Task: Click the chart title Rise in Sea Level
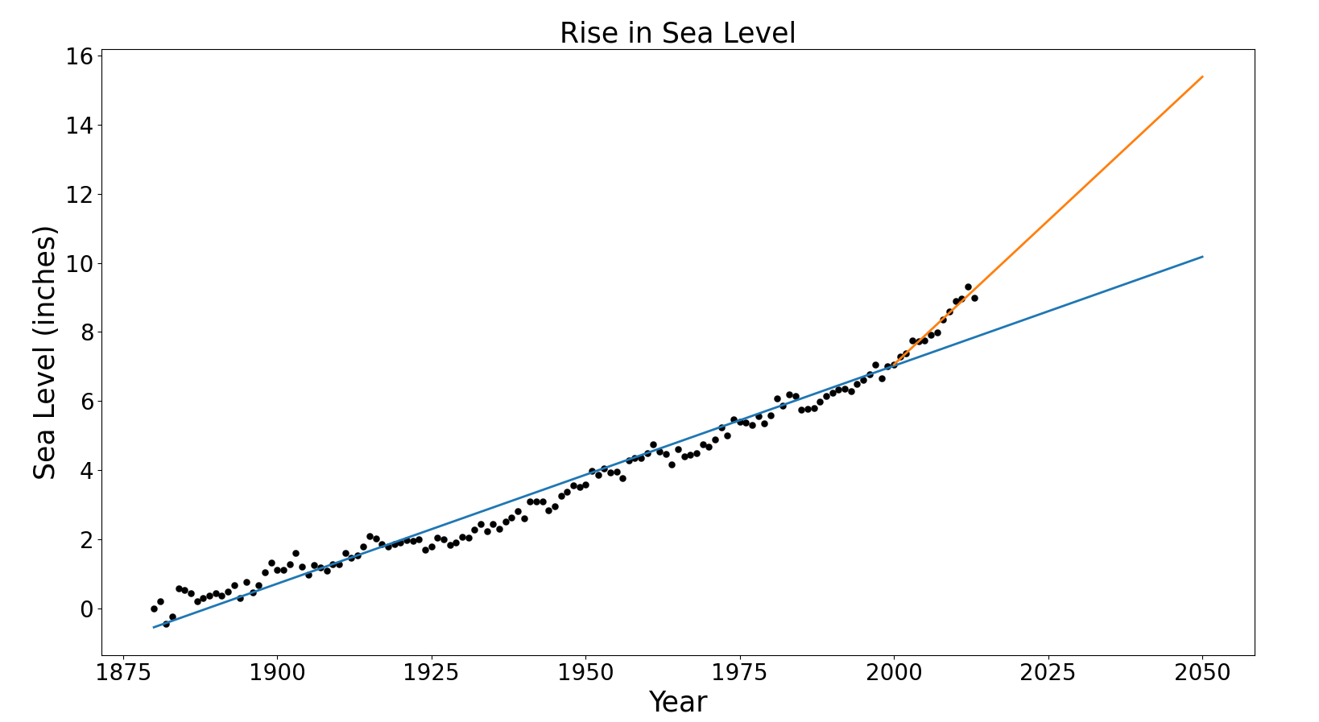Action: point(677,34)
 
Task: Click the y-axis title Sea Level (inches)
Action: point(46,353)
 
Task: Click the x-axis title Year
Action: point(677,702)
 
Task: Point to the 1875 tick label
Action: point(123,672)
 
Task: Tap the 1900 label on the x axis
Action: point(277,672)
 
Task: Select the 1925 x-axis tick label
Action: point(432,672)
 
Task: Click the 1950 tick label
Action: point(585,672)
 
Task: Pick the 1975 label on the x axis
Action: point(739,672)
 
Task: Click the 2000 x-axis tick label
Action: point(894,672)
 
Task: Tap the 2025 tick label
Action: point(1048,672)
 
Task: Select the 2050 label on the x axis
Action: point(1202,672)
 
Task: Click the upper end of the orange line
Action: point(1201,77)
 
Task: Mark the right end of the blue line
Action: point(1201,257)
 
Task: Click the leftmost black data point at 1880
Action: point(154,609)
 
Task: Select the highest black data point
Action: point(968,287)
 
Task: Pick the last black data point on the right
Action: point(974,298)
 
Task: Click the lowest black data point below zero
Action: point(167,624)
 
